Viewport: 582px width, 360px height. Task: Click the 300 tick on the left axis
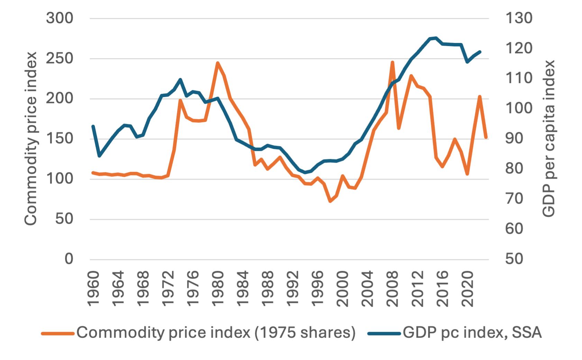coord(60,18)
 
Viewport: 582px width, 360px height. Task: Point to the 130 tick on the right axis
coord(519,18)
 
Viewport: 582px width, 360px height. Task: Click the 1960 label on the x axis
coord(93,289)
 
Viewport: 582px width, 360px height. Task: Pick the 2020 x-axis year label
coord(468,289)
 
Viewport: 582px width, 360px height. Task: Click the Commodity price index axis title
coord(30,138)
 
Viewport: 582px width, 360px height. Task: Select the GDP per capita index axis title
coord(548,138)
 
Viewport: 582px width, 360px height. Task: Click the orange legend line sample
coord(58,334)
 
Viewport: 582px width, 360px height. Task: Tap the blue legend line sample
coord(384,334)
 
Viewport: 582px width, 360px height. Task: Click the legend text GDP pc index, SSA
coord(472,332)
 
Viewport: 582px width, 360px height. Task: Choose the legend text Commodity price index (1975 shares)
coord(216,332)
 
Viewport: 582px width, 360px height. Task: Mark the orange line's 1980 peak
coord(217,63)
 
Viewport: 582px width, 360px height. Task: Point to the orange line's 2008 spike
coord(392,62)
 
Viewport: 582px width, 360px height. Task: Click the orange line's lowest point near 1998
coord(330,201)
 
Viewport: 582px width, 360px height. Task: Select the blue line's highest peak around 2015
coord(436,38)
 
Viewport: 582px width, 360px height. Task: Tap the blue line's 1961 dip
coord(100,156)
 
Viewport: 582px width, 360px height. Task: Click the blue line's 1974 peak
coord(180,80)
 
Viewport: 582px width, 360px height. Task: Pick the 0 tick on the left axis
coord(69,259)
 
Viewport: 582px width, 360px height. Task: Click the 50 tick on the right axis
coord(514,259)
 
